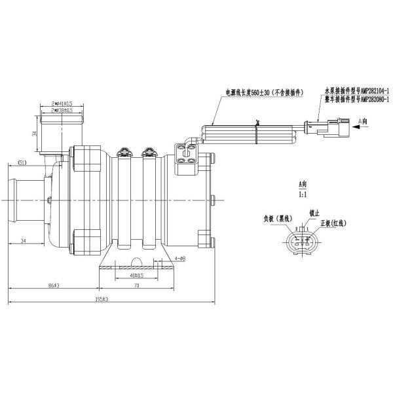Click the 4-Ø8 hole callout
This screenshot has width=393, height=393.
click(179, 258)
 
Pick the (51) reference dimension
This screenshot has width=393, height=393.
click(22, 162)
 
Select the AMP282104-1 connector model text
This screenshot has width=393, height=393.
click(356, 92)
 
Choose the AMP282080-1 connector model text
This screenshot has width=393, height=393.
click(356, 100)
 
